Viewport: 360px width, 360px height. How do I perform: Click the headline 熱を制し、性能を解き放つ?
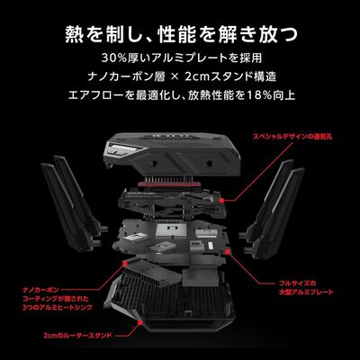[180, 36]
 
